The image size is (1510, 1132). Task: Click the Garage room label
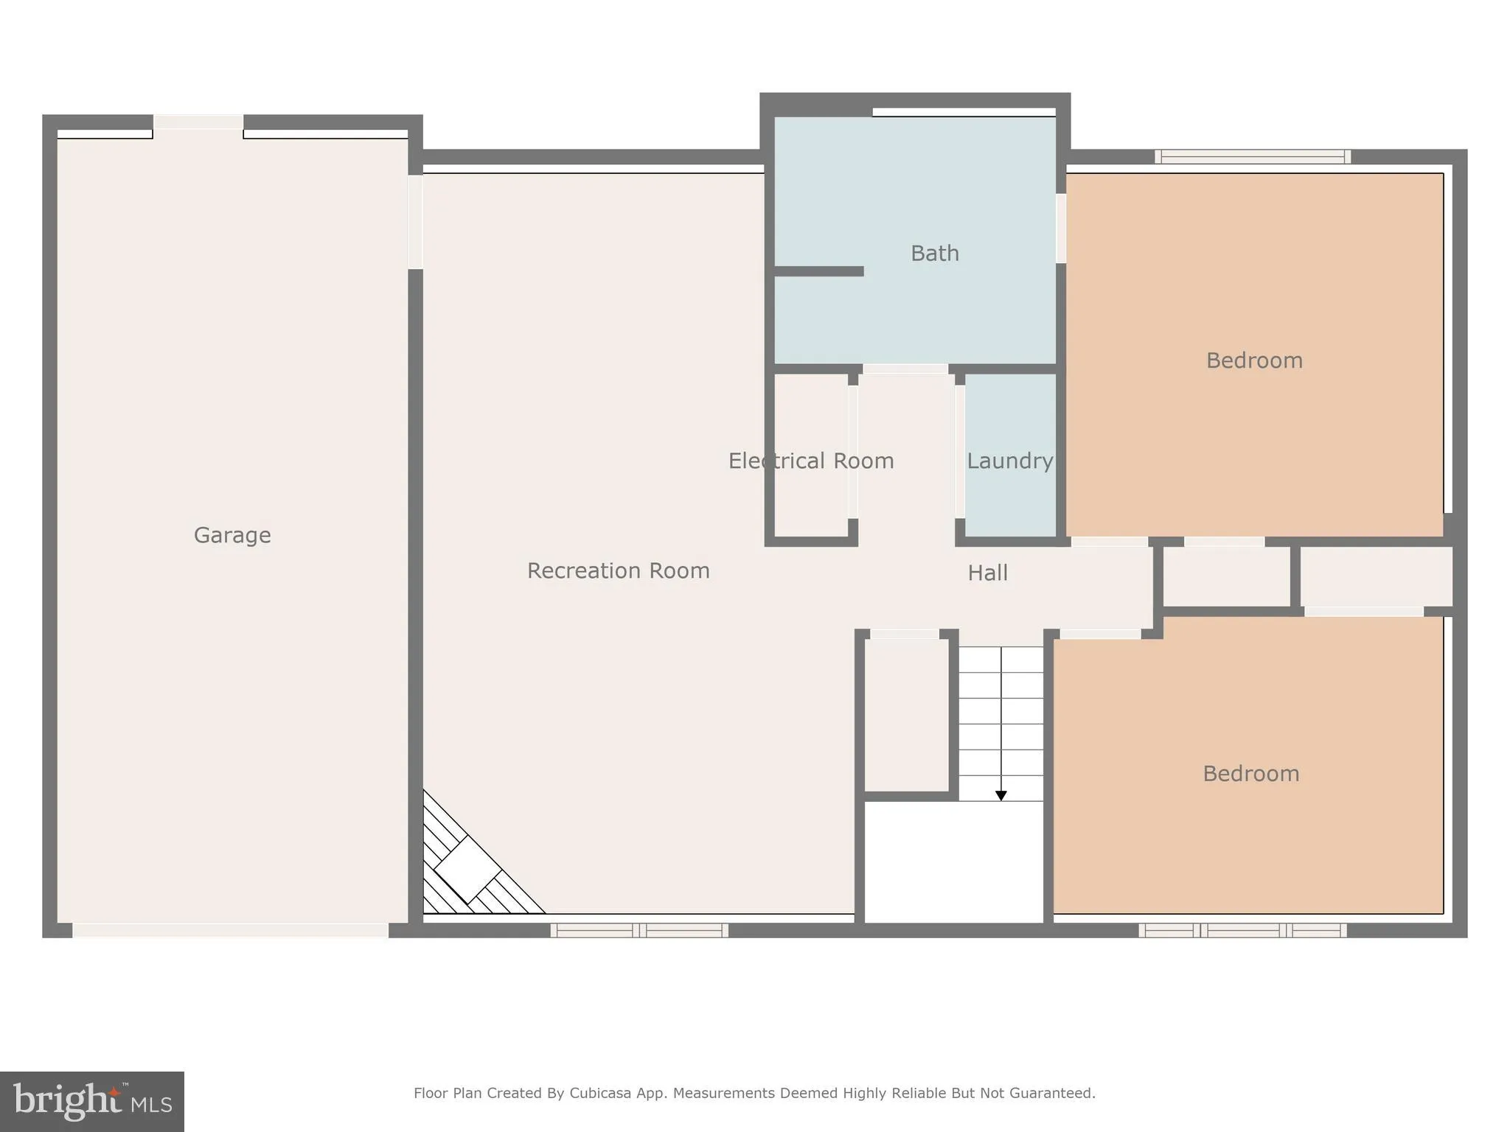coord(232,535)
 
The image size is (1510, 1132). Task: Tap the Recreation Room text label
coord(618,570)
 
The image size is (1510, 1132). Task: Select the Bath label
coord(934,254)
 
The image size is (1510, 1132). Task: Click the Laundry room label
coord(1009,461)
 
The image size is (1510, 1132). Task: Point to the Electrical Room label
coord(810,461)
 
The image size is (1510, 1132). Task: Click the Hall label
coord(987,573)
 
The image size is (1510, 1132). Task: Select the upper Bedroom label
coord(1253,360)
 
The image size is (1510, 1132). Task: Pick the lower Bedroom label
coord(1250,774)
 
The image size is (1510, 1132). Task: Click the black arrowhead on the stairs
coord(1001,796)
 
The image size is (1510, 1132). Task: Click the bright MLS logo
coord(92,1101)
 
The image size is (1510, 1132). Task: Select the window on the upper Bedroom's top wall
coord(1252,156)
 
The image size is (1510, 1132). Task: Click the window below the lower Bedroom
coord(1242,930)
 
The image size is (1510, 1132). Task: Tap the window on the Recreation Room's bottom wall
coord(639,930)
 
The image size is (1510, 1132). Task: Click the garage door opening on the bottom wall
coord(230,930)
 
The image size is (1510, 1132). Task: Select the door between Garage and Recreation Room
coord(415,222)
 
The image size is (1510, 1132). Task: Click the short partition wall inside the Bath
coord(818,271)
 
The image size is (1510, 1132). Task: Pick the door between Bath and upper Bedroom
coord(1061,228)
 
